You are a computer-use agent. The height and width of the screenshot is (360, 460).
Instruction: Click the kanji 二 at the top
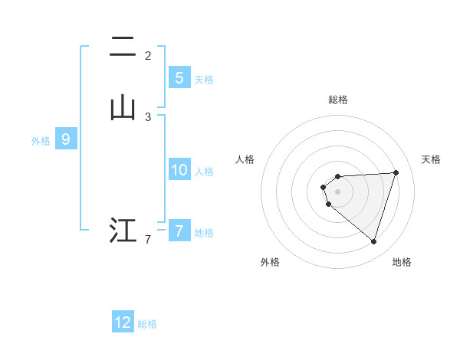pyautogui.click(x=123, y=48)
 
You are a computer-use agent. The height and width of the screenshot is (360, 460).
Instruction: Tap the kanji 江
pyautogui.click(x=123, y=231)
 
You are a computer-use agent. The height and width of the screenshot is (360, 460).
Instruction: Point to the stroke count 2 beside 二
pyautogui.click(x=148, y=56)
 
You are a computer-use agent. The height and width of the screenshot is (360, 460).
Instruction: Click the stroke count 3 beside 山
pyautogui.click(x=148, y=117)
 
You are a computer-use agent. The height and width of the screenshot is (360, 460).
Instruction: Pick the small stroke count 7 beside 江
pyautogui.click(x=148, y=241)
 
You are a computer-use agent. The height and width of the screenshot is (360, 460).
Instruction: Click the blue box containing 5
pyautogui.click(x=179, y=78)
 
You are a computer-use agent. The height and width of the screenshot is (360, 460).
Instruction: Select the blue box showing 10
pyautogui.click(x=179, y=170)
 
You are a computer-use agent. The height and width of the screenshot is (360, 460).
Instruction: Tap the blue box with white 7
pyautogui.click(x=179, y=231)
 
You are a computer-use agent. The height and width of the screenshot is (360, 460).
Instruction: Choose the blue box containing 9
pyautogui.click(x=66, y=139)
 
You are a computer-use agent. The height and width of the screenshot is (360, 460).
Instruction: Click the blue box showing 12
pyautogui.click(x=123, y=322)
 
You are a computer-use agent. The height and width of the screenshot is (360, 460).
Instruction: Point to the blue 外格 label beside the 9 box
pyautogui.click(x=41, y=141)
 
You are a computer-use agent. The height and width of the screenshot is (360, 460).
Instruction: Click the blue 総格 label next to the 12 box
pyautogui.click(x=147, y=324)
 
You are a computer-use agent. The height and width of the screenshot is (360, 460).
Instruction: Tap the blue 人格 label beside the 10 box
pyautogui.click(x=205, y=172)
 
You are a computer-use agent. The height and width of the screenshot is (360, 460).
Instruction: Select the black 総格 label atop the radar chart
pyautogui.click(x=338, y=100)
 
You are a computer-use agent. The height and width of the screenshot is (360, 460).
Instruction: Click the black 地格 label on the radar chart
pyautogui.click(x=402, y=262)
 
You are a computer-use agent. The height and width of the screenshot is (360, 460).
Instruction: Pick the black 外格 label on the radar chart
pyautogui.click(x=270, y=262)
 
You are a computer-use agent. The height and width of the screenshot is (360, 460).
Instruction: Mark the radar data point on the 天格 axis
pyautogui.click(x=396, y=172)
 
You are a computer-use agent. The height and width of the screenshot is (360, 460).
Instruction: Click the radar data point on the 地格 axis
pyautogui.click(x=373, y=241)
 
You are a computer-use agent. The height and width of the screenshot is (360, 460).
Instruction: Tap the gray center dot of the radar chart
pyautogui.click(x=338, y=191)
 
